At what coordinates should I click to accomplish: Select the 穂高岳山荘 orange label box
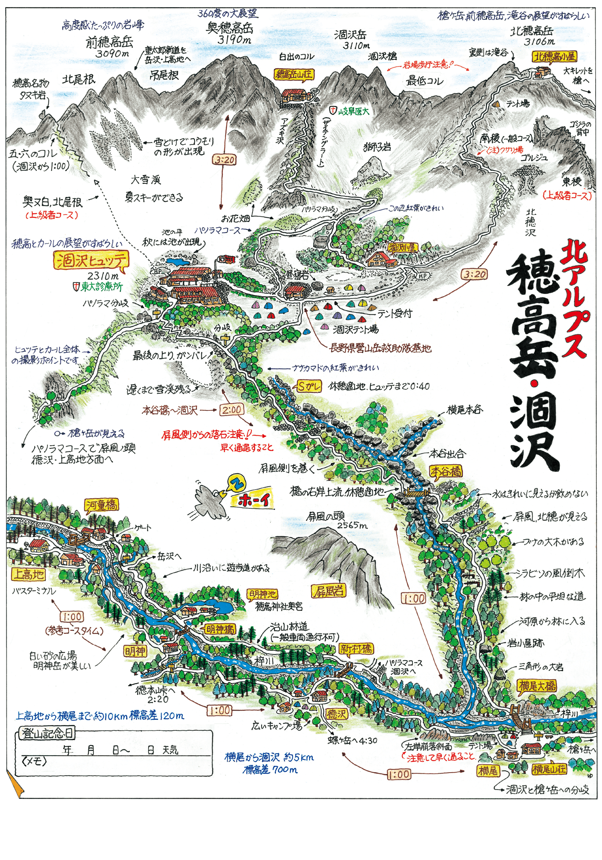(x=294, y=74)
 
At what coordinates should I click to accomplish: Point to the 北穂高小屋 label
(x=554, y=57)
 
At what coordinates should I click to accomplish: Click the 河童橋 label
(x=101, y=505)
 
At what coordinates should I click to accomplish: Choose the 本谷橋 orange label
(x=446, y=471)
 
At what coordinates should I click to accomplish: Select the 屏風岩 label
(x=329, y=591)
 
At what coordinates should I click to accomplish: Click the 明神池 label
(x=262, y=594)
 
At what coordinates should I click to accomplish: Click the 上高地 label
(x=28, y=575)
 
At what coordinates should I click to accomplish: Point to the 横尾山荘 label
(x=548, y=769)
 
